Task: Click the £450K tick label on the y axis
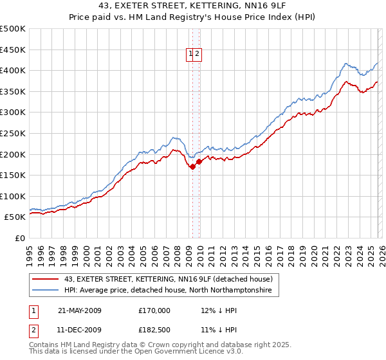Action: click(13, 50)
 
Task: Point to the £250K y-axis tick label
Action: click(13, 133)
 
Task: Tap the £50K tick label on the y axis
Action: click(15, 217)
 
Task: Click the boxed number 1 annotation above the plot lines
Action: click(191, 55)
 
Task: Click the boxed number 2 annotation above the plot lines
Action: click(198, 55)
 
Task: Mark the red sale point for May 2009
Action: click(192, 166)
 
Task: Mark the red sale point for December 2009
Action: click(199, 161)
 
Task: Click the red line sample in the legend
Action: click(46, 279)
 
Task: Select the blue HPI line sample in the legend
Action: click(46, 291)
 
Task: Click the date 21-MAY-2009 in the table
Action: click(80, 310)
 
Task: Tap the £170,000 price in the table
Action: click(154, 310)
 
